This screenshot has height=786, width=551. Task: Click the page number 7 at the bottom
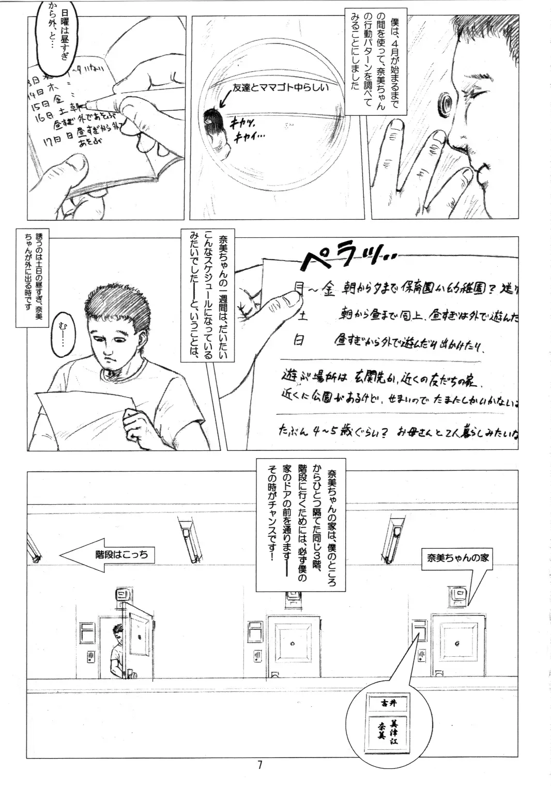(x=260, y=765)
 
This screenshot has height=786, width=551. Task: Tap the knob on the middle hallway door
(x=292, y=644)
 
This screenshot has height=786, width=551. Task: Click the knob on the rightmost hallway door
(x=457, y=643)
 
